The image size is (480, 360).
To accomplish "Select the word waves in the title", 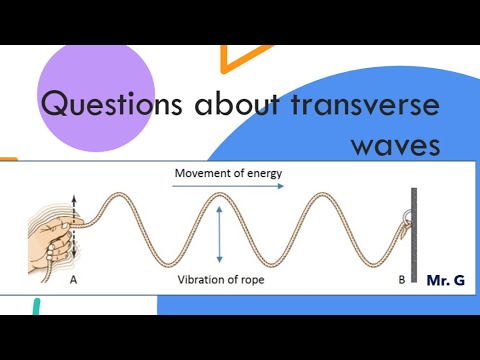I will pyautogui.click(x=395, y=145).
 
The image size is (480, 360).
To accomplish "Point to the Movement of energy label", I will pyautogui.click(x=228, y=173).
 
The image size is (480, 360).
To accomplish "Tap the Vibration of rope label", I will pyautogui.click(x=221, y=280).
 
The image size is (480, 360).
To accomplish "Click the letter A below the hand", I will pyautogui.click(x=73, y=281).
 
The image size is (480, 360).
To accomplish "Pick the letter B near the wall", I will pyautogui.click(x=401, y=281).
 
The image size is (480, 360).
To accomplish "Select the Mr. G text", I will pyautogui.click(x=445, y=282).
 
